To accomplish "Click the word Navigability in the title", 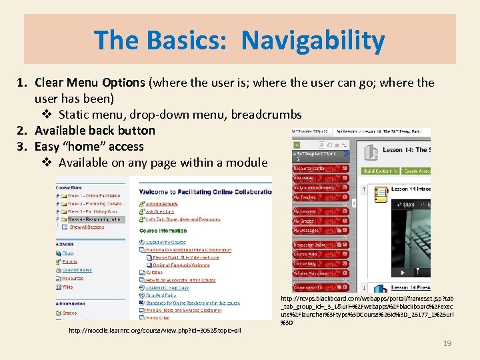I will (x=313, y=40).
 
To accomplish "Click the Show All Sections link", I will (x=87, y=227).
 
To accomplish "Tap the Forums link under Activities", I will (x=69, y=262).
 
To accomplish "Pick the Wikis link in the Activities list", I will (x=68, y=287).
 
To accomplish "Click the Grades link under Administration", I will (x=69, y=313).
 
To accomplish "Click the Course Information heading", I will (x=163, y=231).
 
